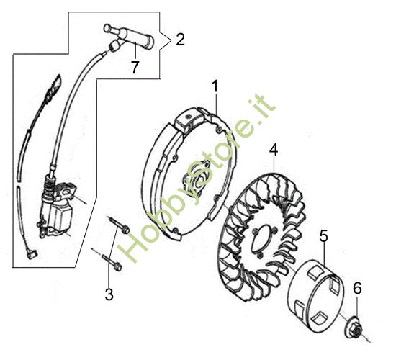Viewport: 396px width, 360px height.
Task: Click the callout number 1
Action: click(215, 86)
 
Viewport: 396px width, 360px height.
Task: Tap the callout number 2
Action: click(180, 40)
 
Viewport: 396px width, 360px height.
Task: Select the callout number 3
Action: click(109, 294)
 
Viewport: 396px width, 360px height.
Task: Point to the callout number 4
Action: click(274, 150)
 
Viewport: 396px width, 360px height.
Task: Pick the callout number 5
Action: click(323, 236)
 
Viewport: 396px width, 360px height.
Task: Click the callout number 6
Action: click(357, 288)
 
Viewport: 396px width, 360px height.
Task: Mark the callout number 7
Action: click(135, 68)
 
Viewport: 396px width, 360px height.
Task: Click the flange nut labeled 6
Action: click(354, 327)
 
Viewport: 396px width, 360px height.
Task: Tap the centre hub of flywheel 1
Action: click(196, 181)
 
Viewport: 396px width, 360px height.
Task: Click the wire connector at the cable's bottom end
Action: click(32, 254)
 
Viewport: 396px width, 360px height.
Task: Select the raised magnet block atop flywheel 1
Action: click(189, 120)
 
